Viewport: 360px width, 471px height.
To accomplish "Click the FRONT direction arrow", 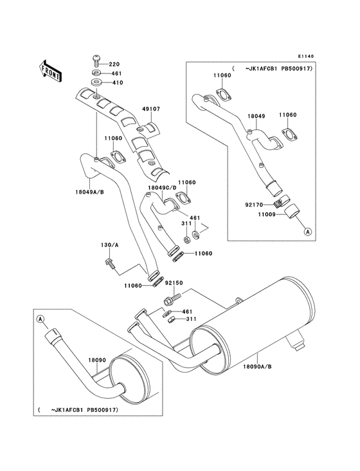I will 51,69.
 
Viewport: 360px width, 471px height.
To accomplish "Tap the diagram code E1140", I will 306,56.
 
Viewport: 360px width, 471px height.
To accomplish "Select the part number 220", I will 114,64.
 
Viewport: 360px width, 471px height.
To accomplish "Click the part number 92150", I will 174,282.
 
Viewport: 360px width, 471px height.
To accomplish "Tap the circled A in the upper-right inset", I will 309,231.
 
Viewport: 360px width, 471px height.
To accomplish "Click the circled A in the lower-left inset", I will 40,319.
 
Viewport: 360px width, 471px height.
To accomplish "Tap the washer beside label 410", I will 96,82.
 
